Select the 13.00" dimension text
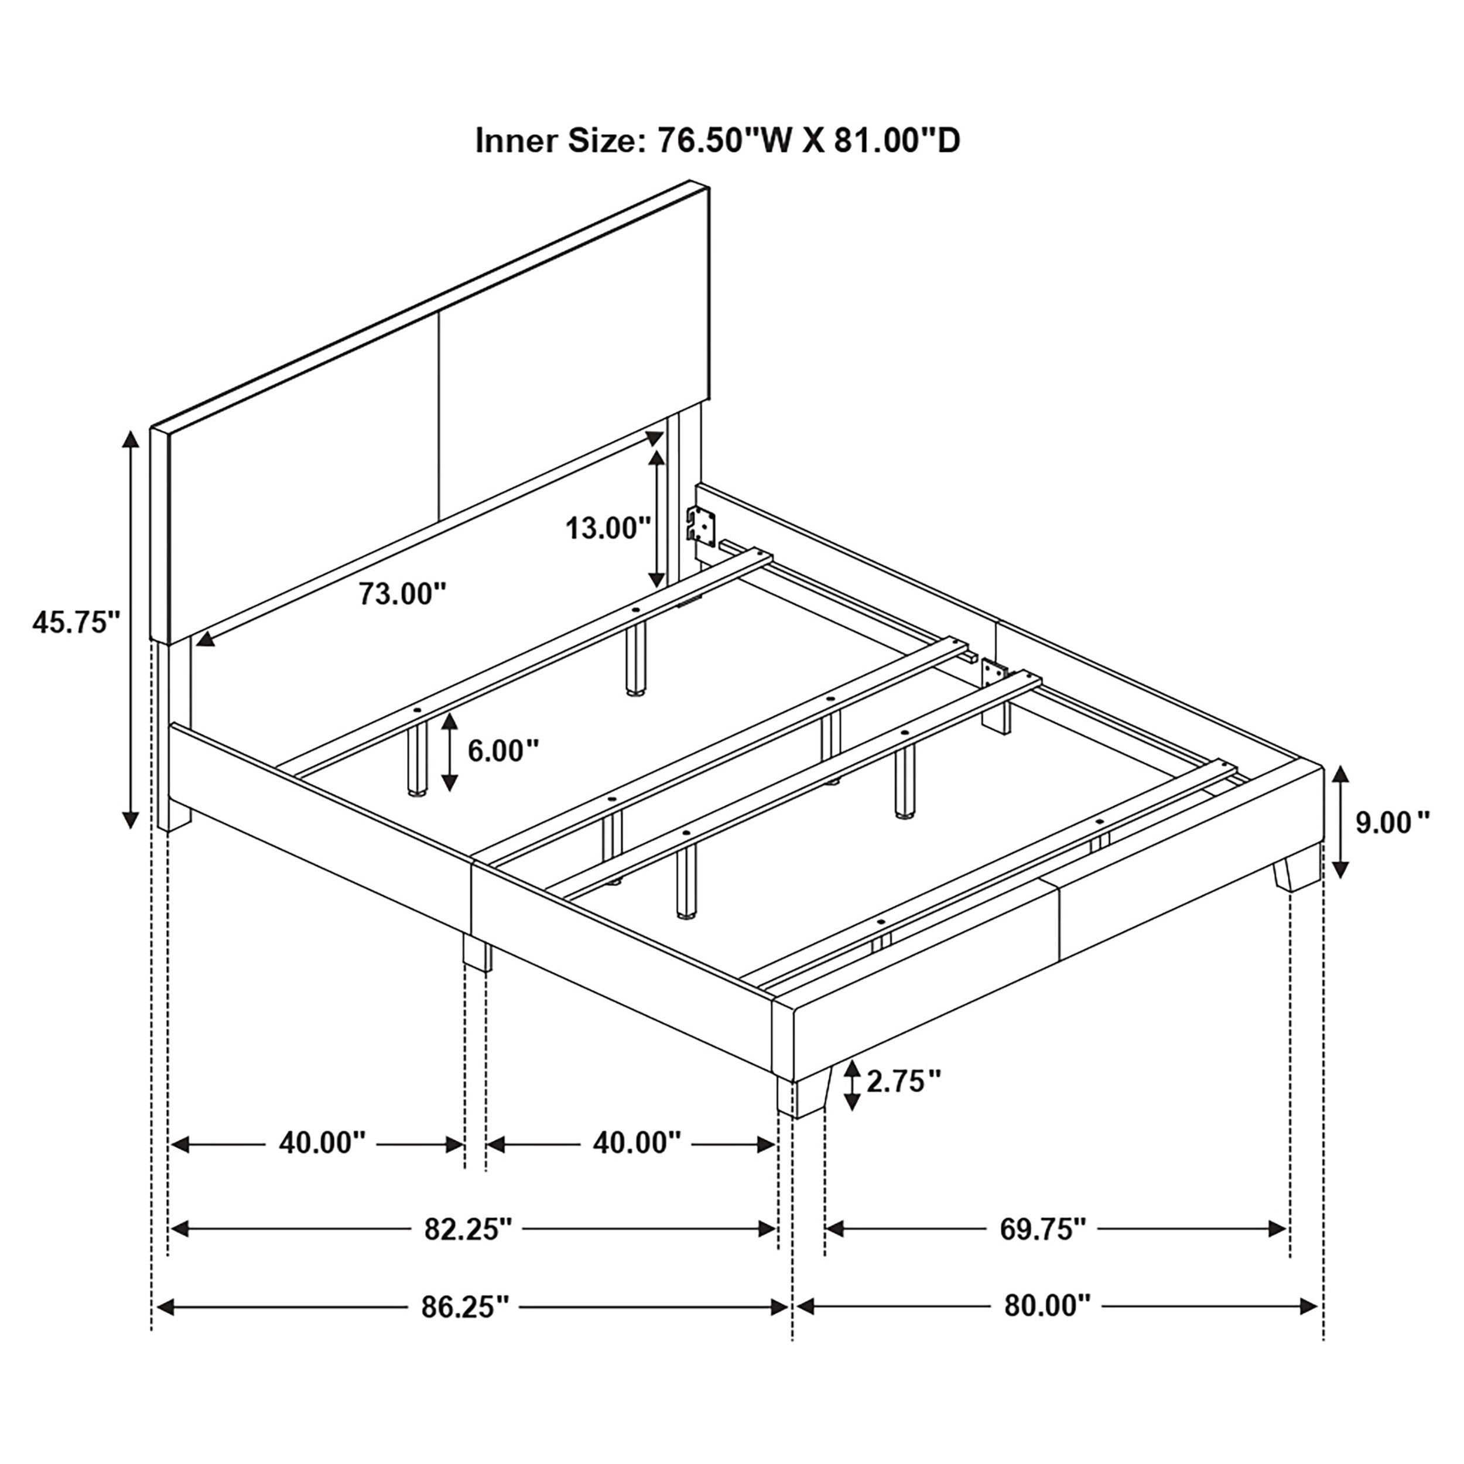[608, 528]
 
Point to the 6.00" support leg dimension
[502, 751]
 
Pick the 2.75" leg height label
[903, 1082]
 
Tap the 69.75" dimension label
[1044, 1229]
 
